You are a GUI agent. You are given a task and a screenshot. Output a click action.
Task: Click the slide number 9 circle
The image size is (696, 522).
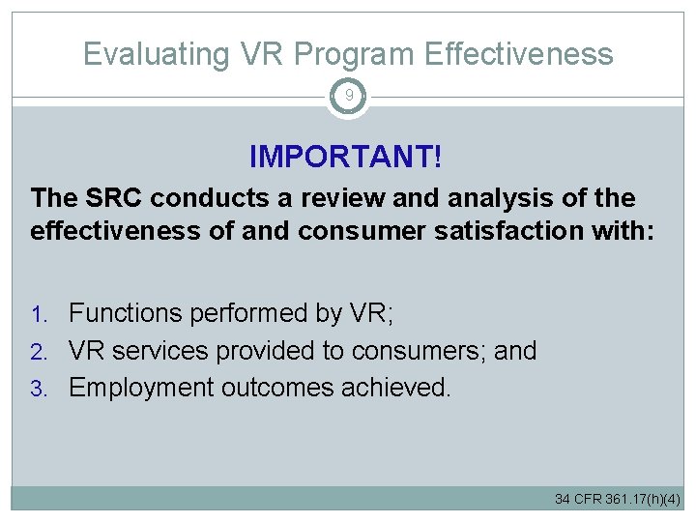click(348, 97)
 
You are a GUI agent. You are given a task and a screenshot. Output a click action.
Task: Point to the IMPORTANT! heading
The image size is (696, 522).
click(345, 155)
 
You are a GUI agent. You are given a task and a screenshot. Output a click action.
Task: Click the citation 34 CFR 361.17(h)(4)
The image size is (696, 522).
click(617, 499)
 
